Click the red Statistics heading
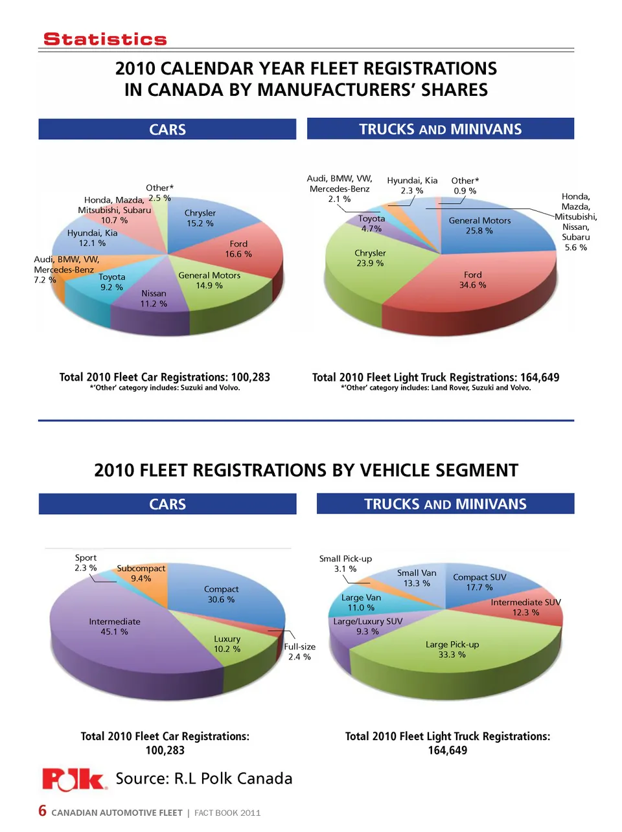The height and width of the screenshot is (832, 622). tap(105, 39)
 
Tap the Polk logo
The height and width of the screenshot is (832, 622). tap(74, 779)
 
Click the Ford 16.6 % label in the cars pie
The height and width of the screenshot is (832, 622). tap(238, 249)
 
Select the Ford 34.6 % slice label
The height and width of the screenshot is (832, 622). tap(472, 280)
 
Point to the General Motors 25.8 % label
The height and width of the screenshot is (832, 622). tap(479, 225)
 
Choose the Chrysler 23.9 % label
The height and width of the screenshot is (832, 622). tap(370, 258)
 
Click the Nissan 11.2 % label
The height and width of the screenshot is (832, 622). tap(154, 298)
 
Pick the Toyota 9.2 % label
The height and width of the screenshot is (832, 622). tap(111, 282)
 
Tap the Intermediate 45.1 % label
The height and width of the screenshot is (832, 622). tap(115, 626)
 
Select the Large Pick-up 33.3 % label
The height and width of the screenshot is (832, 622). tap(452, 649)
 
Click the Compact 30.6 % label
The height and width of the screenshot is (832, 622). tap(221, 594)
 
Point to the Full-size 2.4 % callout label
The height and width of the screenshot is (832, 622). tap(299, 651)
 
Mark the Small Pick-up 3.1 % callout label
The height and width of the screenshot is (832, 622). tap(345, 563)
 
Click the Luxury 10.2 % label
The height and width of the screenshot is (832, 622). tap(227, 644)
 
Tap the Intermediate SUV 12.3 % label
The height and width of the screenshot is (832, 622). tap(525, 607)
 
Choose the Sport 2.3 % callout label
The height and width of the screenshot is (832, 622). tap(86, 563)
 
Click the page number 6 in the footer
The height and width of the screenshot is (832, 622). tap(43, 811)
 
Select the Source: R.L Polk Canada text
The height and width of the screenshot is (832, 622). tap(203, 778)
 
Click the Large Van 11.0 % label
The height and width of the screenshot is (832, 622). tap(361, 602)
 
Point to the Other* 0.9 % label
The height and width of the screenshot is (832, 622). tap(465, 186)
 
